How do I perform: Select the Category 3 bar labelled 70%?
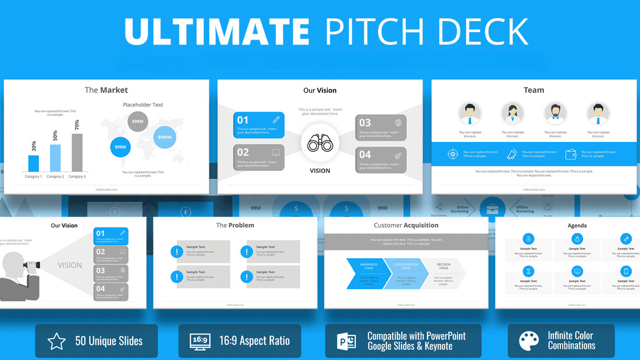coord(77,152)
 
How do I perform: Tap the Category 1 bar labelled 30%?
coord(34,163)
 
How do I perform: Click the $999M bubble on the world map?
coord(165,137)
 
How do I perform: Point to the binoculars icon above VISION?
coord(319,144)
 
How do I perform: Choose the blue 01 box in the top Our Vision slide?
coord(259,125)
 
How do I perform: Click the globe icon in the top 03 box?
coord(398,123)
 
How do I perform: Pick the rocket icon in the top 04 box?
coord(398,156)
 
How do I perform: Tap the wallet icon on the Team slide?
coord(571,154)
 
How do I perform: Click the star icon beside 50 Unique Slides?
coord(56,341)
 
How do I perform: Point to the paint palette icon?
coord(529,341)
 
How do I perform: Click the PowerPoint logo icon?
coord(347,341)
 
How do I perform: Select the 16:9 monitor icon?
coord(200,341)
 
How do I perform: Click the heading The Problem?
coord(235,225)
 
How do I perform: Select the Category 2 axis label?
coord(55,176)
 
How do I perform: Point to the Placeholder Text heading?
coord(143,105)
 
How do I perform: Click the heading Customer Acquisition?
coord(406,225)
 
